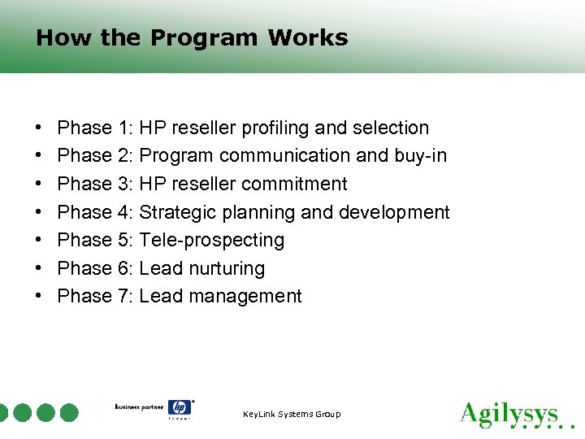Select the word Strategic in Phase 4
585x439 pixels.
[178, 213]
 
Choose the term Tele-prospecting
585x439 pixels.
[212, 241]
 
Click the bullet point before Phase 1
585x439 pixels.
[39, 128]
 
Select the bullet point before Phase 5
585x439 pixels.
[39, 241]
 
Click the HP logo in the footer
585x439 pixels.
[179, 408]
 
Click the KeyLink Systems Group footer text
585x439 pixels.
[292, 415]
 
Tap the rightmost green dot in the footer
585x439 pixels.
[69, 413]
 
